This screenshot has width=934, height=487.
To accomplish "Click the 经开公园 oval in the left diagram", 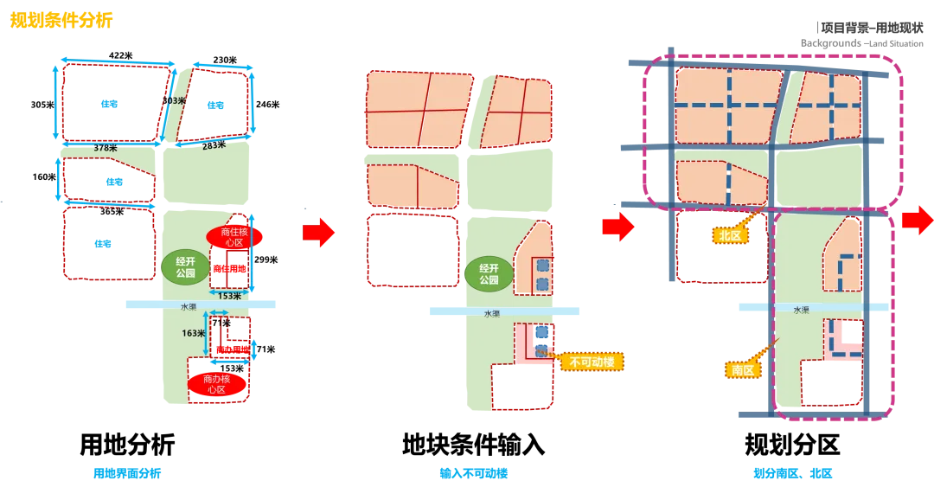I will (x=185, y=267).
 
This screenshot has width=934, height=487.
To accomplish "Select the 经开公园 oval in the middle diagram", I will (x=488, y=274).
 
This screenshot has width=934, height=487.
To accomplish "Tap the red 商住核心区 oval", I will (x=229, y=237).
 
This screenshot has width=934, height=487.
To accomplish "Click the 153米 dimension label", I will (x=230, y=297).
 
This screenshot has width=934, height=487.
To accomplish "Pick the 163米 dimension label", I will (x=194, y=333).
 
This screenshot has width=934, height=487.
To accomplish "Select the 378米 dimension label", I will (x=105, y=148).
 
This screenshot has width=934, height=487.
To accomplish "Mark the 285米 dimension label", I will (x=213, y=144).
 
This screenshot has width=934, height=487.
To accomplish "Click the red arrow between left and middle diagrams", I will (x=318, y=232).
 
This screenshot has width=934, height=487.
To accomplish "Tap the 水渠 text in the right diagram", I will (x=801, y=309).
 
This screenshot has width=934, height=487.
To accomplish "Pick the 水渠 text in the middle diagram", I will (x=491, y=313).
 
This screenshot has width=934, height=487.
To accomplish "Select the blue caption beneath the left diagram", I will (x=128, y=473).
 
